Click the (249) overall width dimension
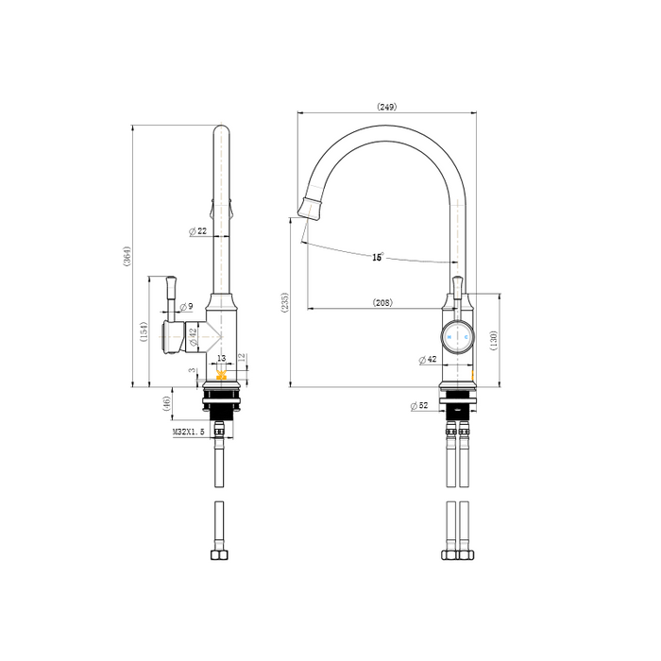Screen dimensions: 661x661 point(386,107)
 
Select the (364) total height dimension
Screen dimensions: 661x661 point(127,256)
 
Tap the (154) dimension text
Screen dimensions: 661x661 point(144,332)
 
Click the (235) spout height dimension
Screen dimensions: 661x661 point(284,301)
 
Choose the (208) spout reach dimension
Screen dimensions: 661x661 point(382,303)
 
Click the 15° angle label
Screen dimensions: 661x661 point(377,257)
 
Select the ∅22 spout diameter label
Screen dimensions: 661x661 point(198,230)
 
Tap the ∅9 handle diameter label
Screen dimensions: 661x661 point(186,306)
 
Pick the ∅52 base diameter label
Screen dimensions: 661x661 point(420,406)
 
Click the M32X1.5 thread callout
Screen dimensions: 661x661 point(190,432)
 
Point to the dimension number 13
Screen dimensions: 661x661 point(222,359)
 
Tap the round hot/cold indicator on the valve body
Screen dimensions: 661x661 point(458,335)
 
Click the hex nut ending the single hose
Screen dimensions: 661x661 point(219,552)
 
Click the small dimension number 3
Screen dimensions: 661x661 point(193,371)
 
